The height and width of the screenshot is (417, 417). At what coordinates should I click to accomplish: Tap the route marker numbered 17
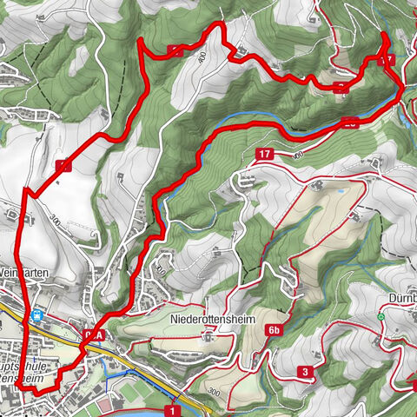click(266, 154)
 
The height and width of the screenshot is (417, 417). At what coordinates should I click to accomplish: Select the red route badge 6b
click(276, 330)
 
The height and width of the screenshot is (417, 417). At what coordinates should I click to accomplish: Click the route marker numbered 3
click(307, 373)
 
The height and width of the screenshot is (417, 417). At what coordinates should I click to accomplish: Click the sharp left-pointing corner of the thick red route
click(23, 190)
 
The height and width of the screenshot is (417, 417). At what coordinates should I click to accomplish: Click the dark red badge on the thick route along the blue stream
click(348, 122)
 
